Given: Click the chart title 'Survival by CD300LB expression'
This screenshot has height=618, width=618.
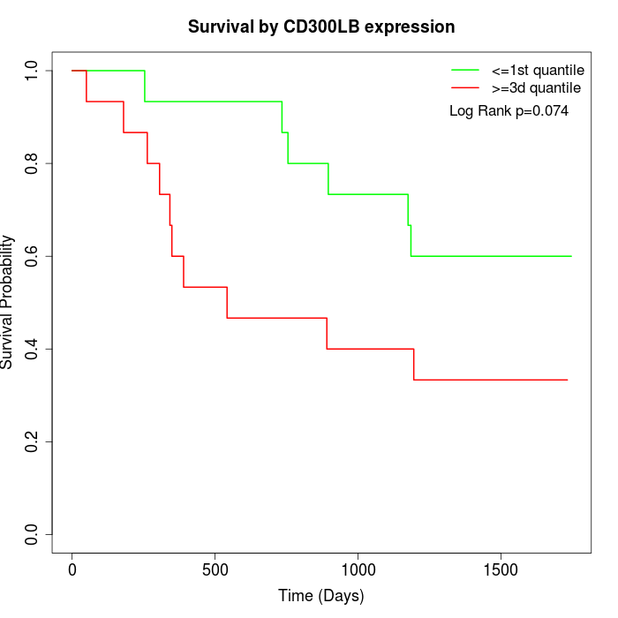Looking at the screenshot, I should tap(321, 27).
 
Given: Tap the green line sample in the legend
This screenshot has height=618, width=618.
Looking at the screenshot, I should tap(465, 70).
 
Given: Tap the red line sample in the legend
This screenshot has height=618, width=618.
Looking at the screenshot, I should tap(465, 87).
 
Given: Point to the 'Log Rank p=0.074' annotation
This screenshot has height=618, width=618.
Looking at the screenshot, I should tap(509, 111).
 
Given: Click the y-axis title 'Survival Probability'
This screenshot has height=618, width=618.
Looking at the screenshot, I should tap(8, 301).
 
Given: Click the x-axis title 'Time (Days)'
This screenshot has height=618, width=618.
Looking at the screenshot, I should tap(321, 596).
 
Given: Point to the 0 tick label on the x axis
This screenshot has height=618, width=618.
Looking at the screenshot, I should tap(72, 570).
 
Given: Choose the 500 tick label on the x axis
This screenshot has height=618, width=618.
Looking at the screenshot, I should tap(215, 570).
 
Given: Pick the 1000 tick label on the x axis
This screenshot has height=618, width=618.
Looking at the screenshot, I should tap(358, 570).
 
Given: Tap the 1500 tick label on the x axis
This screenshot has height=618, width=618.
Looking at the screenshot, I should tap(501, 570).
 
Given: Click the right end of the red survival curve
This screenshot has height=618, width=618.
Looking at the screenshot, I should tap(567, 380).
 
